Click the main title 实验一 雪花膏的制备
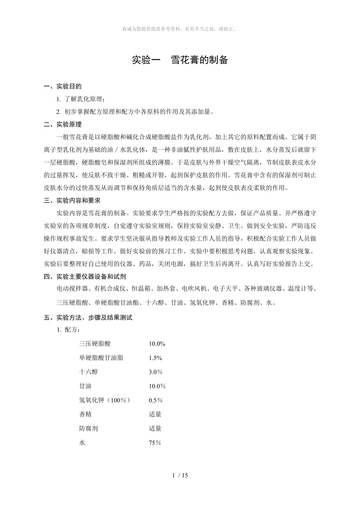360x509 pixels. [x=180, y=60]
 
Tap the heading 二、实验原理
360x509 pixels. [x=63, y=125]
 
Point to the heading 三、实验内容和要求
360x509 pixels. [x=72, y=201]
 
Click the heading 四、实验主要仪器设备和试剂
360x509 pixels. [x=85, y=277]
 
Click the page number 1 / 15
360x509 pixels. [x=180, y=475]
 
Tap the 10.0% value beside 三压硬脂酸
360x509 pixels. [x=157, y=344]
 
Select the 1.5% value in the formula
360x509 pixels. [x=155, y=358]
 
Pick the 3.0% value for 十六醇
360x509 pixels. [x=155, y=372]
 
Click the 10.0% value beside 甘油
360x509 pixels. [x=157, y=386]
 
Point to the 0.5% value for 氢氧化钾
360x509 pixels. [x=155, y=400]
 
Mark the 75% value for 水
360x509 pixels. [x=155, y=443]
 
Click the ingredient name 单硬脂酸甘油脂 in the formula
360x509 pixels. [x=101, y=358]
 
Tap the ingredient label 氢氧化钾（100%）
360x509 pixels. [x=104, y=400]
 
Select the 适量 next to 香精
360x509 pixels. [x=155, y=414]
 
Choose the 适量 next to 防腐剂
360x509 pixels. [x=155, y=428]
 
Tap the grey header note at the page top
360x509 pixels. [x=180, y=29]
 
